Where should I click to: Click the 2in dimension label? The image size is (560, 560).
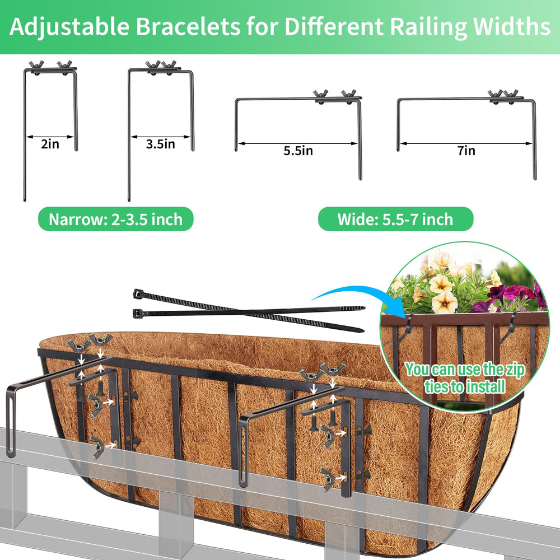50,144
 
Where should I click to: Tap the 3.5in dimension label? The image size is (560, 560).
160,144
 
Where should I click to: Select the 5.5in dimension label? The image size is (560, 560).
298,151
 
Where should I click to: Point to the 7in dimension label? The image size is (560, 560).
466,151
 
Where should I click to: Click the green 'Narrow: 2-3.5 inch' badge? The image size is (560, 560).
116,219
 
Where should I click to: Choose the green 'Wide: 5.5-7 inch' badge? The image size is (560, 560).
395,219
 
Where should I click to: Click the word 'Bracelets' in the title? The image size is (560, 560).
188,26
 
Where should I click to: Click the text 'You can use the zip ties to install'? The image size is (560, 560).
465,378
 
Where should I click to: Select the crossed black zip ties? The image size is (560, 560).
249,310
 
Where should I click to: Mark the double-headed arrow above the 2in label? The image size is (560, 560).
50,137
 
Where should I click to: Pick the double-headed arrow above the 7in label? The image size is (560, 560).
466,143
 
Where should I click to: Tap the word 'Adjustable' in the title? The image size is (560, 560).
69,27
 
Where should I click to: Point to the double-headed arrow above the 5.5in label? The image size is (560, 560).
298,143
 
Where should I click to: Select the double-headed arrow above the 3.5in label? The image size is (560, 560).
160,137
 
